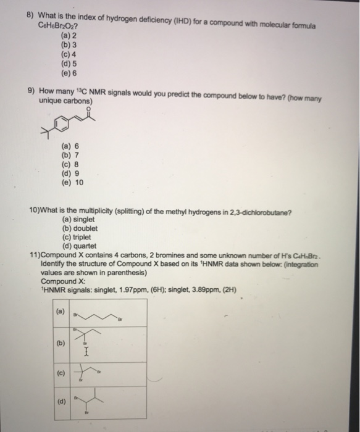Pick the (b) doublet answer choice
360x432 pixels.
coord(80,228)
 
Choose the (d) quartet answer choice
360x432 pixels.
coord(79,244)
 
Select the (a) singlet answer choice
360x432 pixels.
coord(79,220)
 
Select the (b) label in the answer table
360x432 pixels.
coord(60,340)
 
